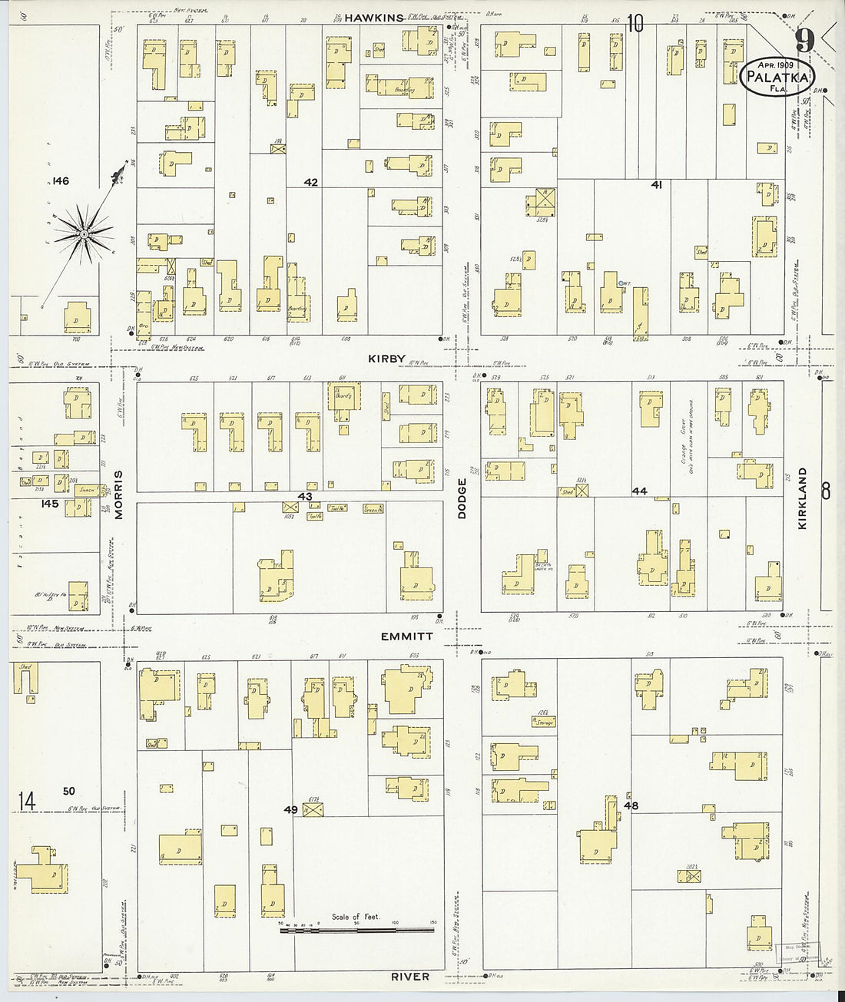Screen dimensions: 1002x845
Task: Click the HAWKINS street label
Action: point(373,18)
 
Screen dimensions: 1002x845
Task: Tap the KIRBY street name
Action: point(386,359)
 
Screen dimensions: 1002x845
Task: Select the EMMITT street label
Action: point(406,637)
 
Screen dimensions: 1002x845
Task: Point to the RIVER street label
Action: point(410,977)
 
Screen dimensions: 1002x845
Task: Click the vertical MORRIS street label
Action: point(119,495)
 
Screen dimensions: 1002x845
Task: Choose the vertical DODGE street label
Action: point(462,499)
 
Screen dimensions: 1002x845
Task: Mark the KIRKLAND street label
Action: point(803,498)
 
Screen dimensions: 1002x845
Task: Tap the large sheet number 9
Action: point(804,40)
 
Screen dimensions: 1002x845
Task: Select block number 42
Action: point(310,183)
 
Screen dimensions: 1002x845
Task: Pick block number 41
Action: point(656,184)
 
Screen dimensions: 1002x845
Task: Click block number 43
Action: point(305,497)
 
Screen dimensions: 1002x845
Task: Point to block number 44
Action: point(639,491)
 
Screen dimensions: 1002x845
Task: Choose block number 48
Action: point(631,806)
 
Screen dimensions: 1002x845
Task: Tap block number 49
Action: point(290,809)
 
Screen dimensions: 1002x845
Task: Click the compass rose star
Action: point(84,229)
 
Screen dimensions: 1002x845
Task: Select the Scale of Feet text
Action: point(350,917)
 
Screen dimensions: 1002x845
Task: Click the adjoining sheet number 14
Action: point(27,802)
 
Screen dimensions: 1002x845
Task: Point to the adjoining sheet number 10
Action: point(634,24)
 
